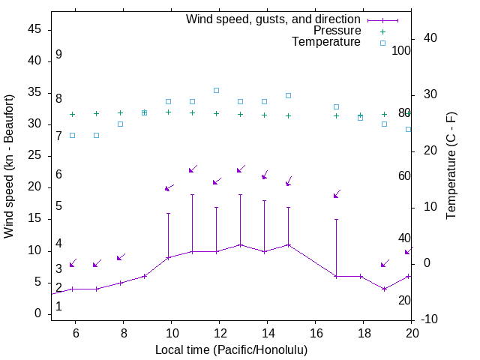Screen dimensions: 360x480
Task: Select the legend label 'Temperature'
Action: click(326, 42)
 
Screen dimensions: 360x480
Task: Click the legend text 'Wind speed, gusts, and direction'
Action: click(274, 19)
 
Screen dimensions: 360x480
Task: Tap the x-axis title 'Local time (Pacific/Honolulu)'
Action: click(231, 350)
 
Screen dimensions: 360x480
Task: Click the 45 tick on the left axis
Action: click(34, 29)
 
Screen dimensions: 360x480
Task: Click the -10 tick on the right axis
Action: click(430, 320)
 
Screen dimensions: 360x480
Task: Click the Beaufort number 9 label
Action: click(58, 55)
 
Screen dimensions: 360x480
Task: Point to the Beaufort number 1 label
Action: click(58, 307)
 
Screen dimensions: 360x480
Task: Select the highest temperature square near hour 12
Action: click(216, 90)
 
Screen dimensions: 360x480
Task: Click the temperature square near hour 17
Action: click(336, 106)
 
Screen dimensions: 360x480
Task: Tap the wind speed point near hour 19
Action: click(384, 289)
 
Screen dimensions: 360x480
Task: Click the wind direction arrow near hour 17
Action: click(337, 194)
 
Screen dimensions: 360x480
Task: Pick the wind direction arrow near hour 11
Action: click(193, 169)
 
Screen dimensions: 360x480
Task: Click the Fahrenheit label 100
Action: click(402, 50)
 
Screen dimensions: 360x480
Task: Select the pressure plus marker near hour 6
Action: click(72, 114)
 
